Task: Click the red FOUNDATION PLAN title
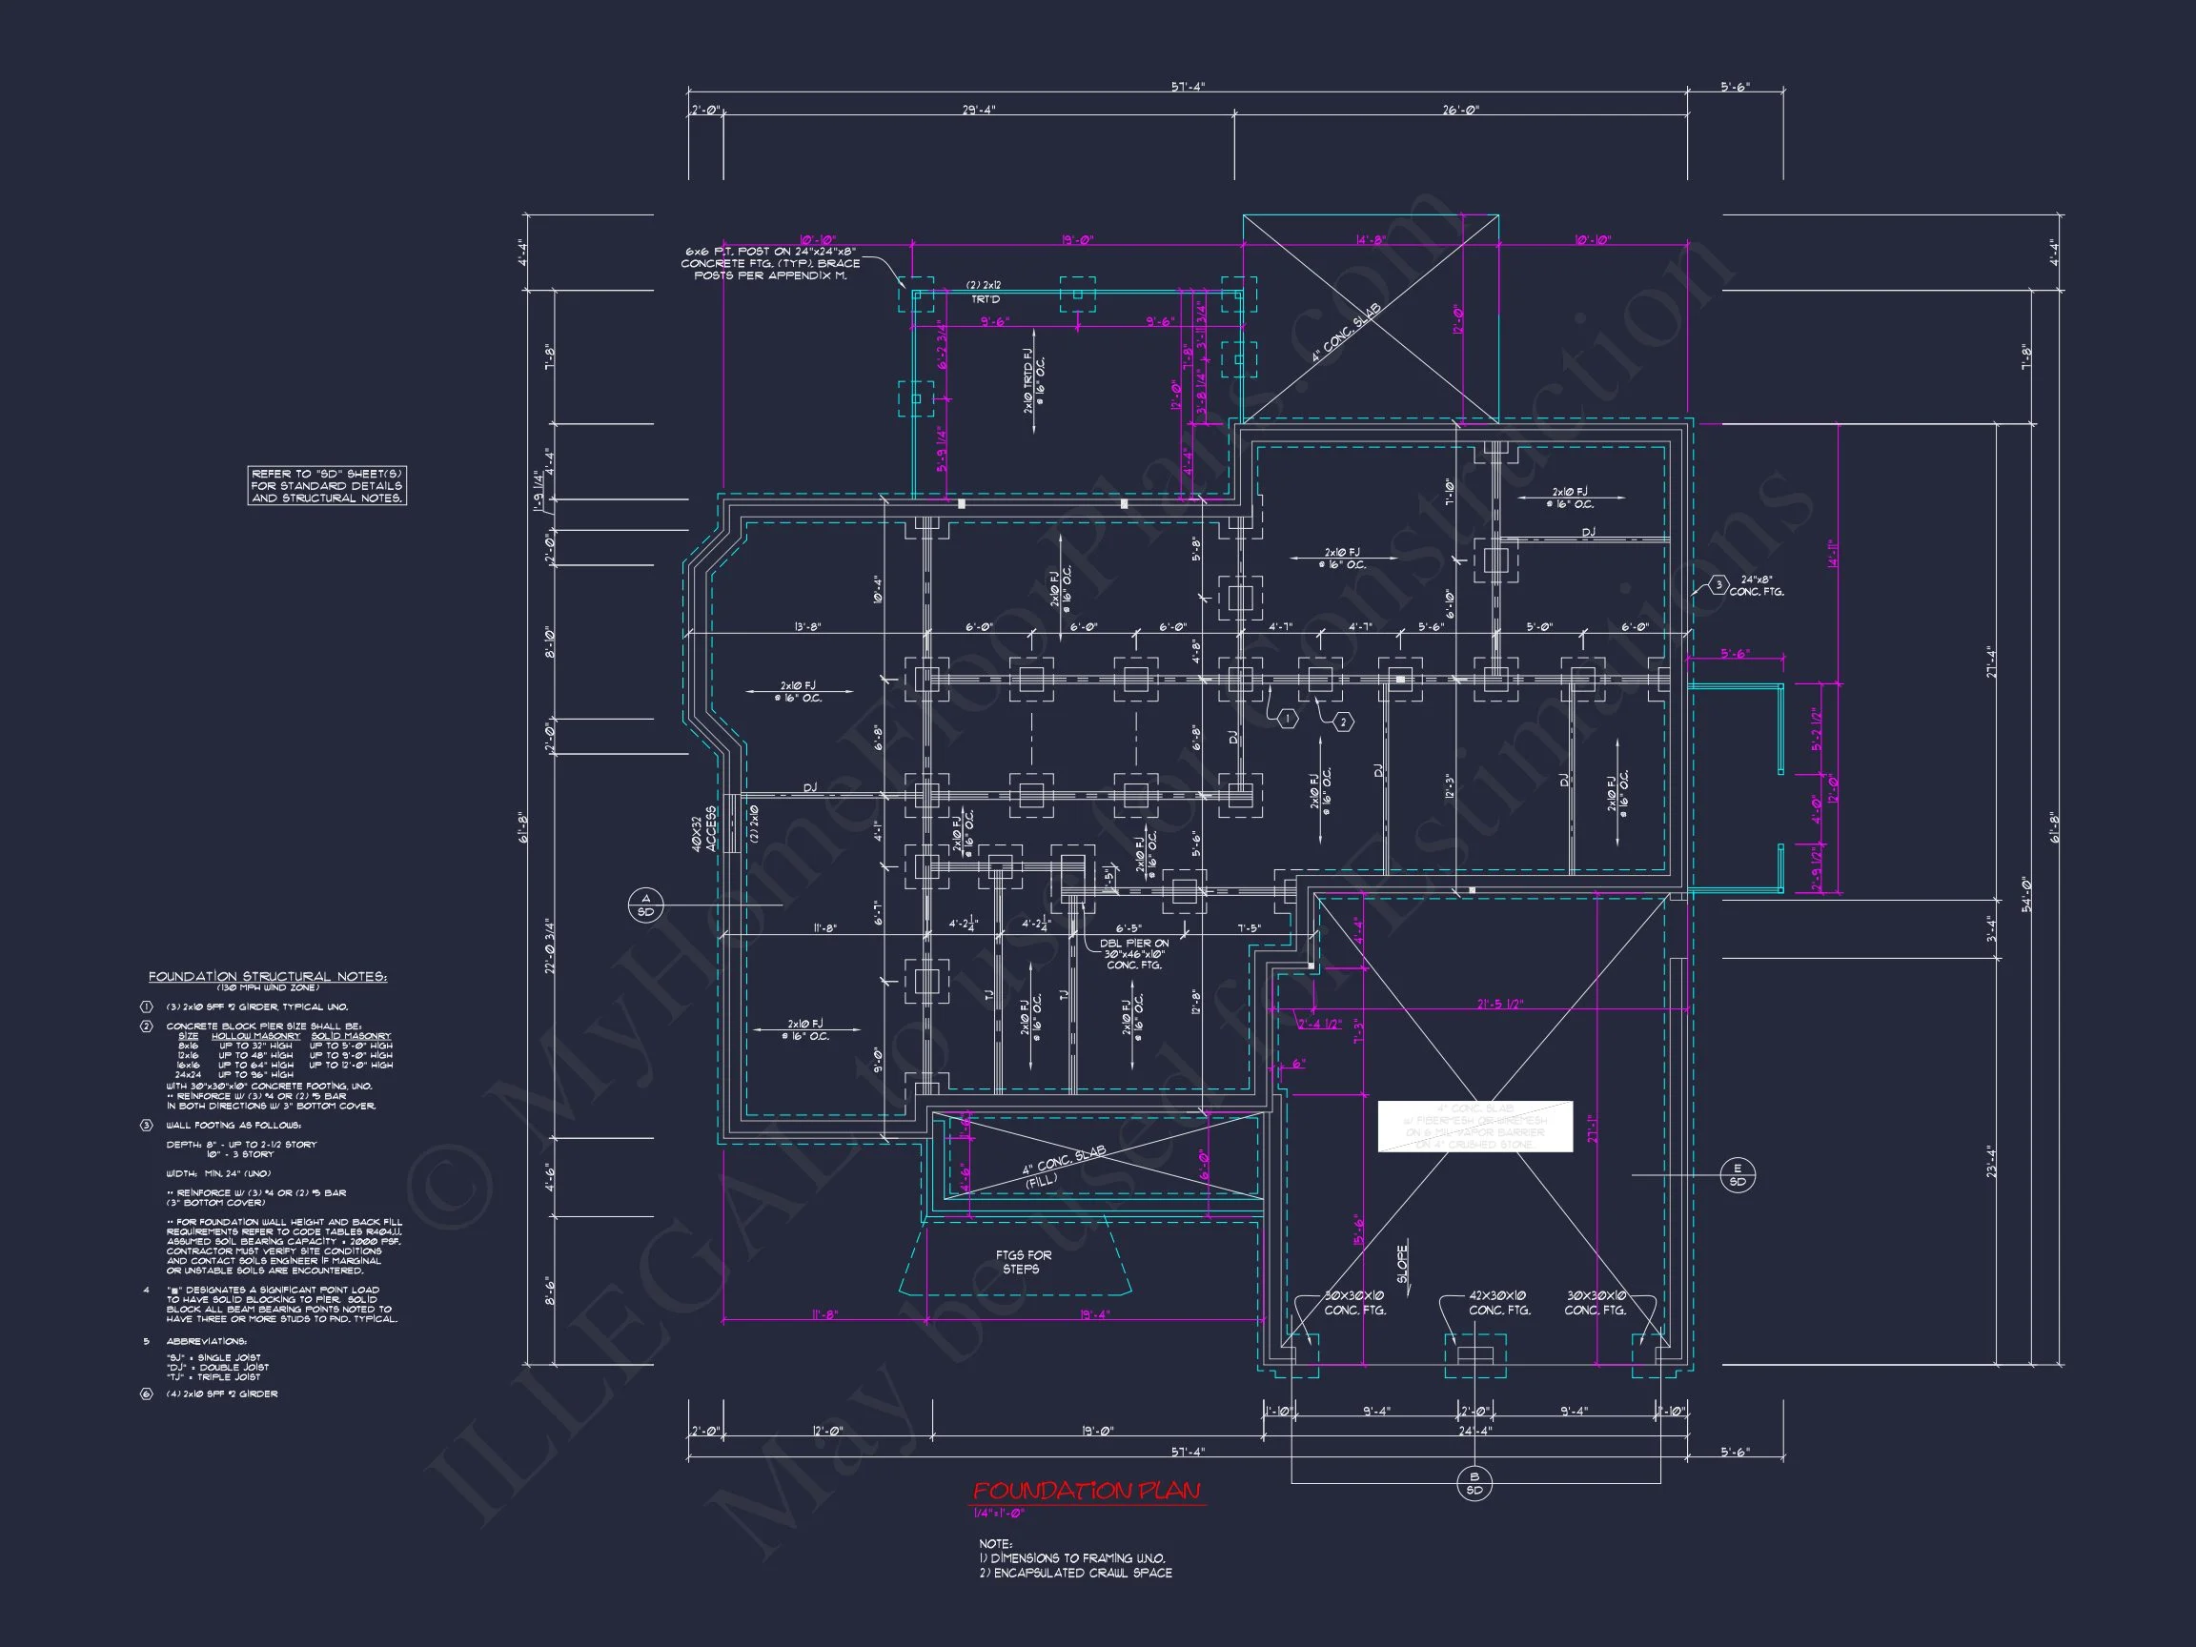coord(1087,1491)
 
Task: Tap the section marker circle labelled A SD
coord(645,905)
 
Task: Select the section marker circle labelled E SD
coord(1738,1175)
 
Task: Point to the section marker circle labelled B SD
coord(1474,1484)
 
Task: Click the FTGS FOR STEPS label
coord(1024,1262)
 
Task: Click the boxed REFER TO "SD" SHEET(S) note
coord(327,485)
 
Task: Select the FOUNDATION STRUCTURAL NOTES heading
coord(268,977)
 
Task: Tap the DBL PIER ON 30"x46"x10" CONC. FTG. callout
coord(1133,954)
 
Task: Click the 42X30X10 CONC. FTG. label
coord(1499,1303)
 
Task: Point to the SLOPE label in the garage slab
coord(1403,1264)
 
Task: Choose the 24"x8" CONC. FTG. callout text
coord(1758,586)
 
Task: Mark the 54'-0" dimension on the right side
coord(2026,893)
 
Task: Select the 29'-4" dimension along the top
coord(978,111)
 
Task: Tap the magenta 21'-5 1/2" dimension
coord(1499,1005)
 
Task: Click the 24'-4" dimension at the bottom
coord(1474,1431)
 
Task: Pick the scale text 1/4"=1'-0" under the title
coord(998,1514)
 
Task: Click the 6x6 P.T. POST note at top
coord(769,263)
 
